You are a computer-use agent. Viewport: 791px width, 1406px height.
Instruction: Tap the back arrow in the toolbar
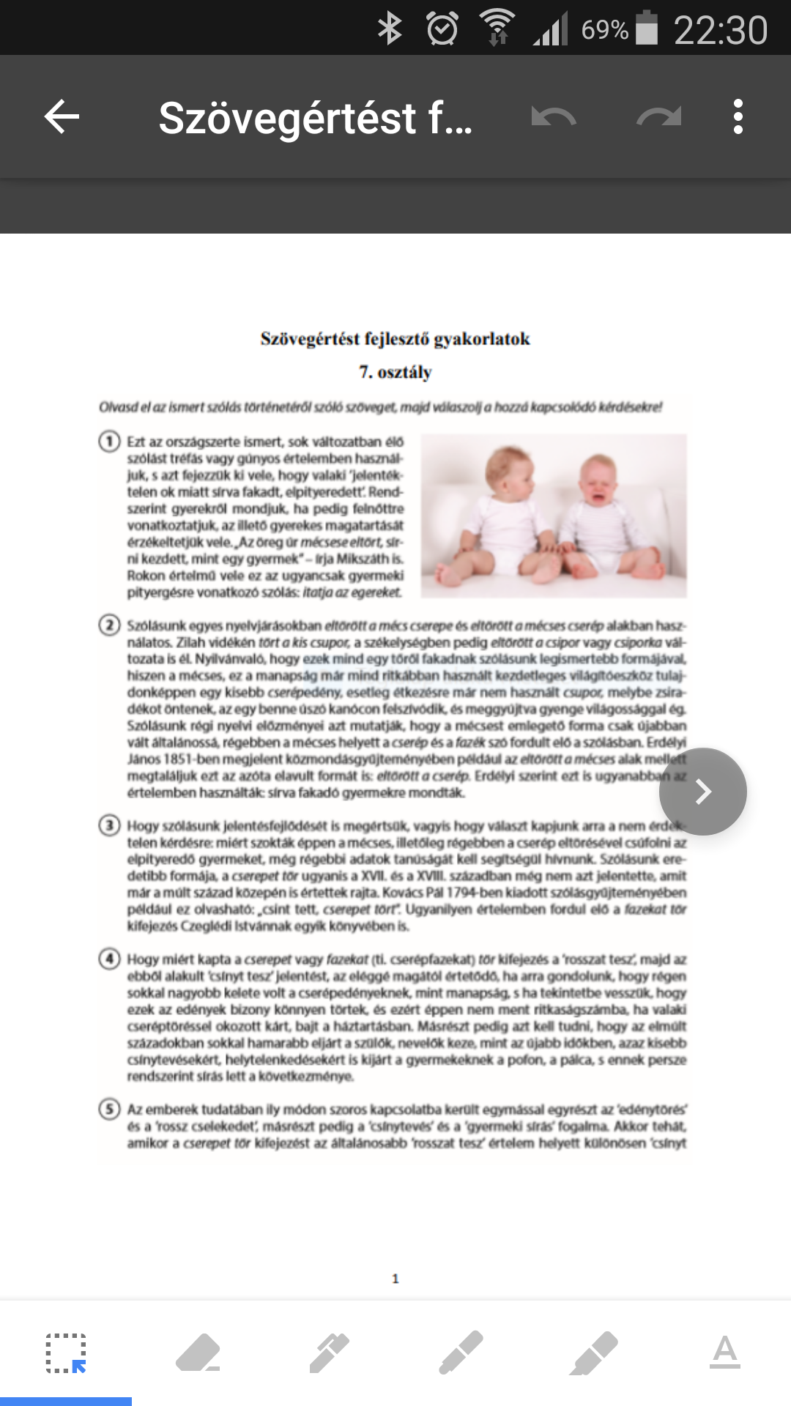pyautogui.click(x=62, y=116)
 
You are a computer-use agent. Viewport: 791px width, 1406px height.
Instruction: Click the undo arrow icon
pyautogui.click(x=554, y=116)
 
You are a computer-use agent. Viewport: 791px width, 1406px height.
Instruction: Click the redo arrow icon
pyautogui.click(x=659, y=116)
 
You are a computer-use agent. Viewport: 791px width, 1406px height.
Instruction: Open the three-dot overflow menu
pyautogui.click(x=738, y=116)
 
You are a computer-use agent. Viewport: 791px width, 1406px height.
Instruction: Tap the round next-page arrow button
pyautogui.click(x=703, y=792)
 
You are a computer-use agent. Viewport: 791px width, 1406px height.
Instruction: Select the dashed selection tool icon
pyautogui.click(x=66, y=1353)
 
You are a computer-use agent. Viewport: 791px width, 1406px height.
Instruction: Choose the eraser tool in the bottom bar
pyautogui.click(x=198, y=1353)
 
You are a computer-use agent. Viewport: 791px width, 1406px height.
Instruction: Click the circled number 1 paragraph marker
pyautogui.click(x=110, y=442)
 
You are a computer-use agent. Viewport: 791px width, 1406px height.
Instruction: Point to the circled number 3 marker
pyautogui.click(x=110, y=826)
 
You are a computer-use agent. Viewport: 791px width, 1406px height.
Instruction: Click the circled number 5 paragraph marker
pyautogui.click(x=110, y=1109)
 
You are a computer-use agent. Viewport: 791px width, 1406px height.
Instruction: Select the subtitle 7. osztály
pyautogui.click(x=395, y=372)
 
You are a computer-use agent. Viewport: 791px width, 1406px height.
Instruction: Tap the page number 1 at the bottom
pyautogui.click(x=395, y=1279)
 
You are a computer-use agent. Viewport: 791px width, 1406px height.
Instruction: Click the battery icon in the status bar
pyautogui.click(x=647, y=29)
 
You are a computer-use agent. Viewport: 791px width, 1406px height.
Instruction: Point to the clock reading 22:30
pyautogui.click(x=721, y=30)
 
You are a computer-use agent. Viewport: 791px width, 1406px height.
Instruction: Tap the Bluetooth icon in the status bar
pyautogui.click(x=390, y=29)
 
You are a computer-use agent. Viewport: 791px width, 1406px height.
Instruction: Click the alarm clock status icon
pyautogui.click(x=442, y=29)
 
